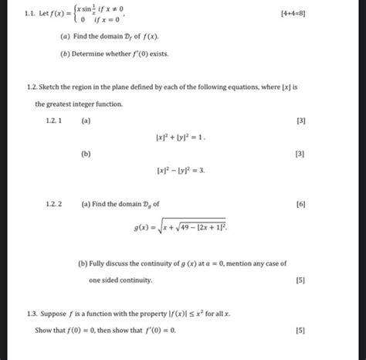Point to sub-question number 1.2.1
pyautogui.click(x=54, y=121)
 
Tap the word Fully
pyautogui.click(x=99, y=263)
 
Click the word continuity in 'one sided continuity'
pyautogui.click(x=135, y=280)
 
